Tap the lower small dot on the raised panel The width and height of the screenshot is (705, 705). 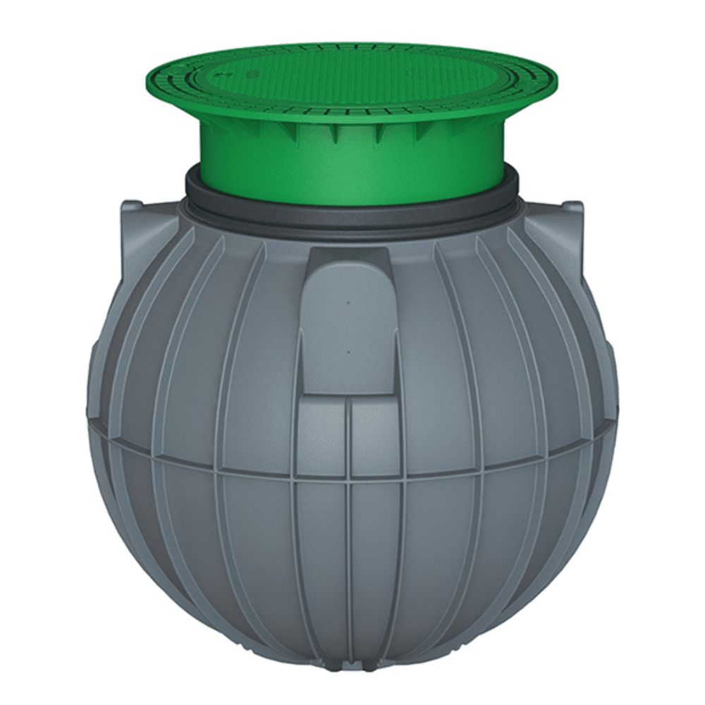pos(348,350)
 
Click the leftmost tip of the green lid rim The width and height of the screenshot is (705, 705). pos(145,80)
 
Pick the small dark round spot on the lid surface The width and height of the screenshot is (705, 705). pos(224,73)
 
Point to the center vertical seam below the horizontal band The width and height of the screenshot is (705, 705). pos(350,564)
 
